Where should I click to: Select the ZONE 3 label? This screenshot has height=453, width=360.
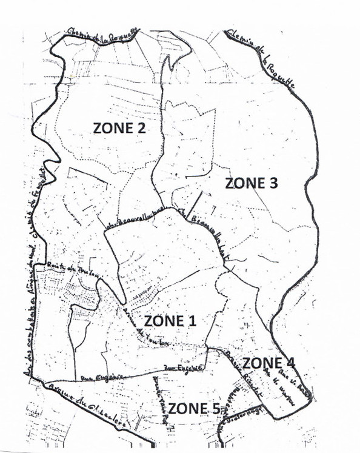point(250,183)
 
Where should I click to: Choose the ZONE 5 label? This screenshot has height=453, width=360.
point(194,408)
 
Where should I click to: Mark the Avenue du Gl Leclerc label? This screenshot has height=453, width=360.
point(84,409)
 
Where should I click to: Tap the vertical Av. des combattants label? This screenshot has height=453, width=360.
point(27,315)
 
